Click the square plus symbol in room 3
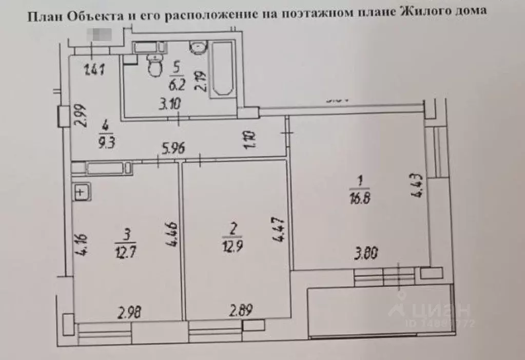(81, 193)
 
